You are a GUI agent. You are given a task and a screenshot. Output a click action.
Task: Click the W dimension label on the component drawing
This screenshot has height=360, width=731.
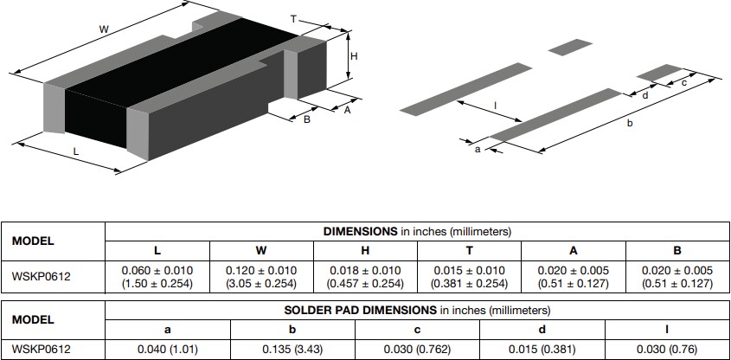(x=104, y=30)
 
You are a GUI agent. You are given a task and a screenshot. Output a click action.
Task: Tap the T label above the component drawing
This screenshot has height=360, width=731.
(x=293, y=18)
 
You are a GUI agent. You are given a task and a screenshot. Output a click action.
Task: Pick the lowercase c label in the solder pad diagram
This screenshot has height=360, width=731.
(x=683, y=83)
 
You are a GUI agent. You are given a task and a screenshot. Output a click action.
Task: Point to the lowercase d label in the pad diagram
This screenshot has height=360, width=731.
(x=645, y=95)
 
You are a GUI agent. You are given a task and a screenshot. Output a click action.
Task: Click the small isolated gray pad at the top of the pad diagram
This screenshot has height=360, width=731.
(x=567, y=45)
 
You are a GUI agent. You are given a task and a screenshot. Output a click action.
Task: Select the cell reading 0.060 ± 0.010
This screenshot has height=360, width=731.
(x=157, y=277)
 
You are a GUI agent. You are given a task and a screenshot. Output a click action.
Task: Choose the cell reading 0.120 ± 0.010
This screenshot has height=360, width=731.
(x=260, y=277)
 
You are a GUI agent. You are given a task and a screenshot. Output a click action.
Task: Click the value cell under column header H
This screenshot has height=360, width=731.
(x=365, y=277)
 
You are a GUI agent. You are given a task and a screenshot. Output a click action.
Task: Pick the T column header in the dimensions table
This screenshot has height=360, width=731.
(x=469, y=251)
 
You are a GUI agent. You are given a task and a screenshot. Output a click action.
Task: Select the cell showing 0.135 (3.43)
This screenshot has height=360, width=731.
(x=292, y=349)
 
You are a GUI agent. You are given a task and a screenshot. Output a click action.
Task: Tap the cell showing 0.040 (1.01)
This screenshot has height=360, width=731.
(x=168, y=349)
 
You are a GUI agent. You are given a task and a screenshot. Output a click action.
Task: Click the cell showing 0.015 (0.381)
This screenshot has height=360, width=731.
(x=542, y=349)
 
